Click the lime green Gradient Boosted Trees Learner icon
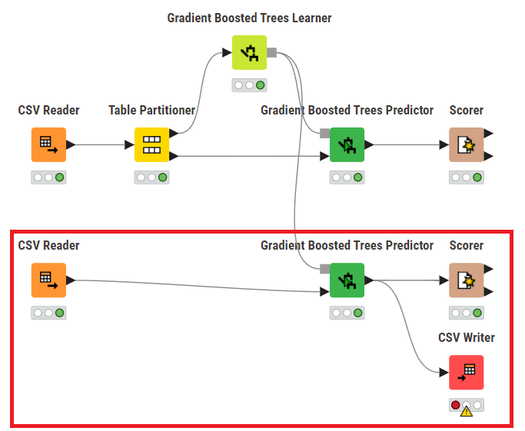[249, 52]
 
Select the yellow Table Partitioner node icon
[151, 144]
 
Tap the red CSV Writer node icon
[466, 372]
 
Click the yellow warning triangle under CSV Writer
[466, 411]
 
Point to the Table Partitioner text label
[151, 111]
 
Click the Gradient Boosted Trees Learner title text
[249, 18]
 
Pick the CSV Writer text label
[466, 337]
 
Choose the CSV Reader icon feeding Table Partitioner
[48, 144]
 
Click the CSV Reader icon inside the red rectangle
[48, 280]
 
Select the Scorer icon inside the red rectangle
[466, 280]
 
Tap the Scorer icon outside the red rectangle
[466, 144]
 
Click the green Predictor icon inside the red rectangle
[347, 280]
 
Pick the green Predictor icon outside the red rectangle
[347, 144]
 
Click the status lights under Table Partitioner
[151, 177]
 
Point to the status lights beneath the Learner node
[249, 85]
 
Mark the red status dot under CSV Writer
[456, 405]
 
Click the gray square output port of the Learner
[271, 52]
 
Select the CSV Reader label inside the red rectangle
[48, 246]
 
